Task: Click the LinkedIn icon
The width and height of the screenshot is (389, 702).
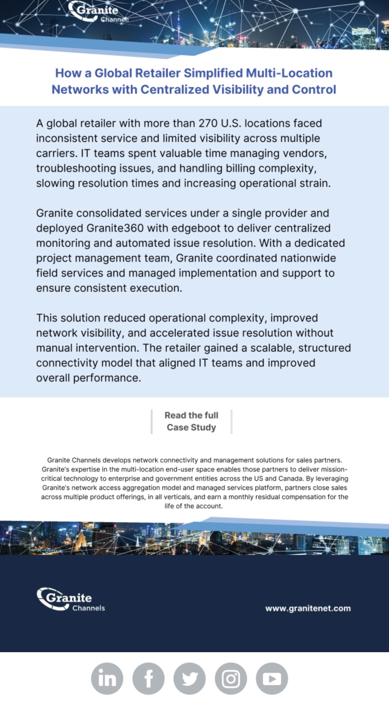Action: [x=107, y=678]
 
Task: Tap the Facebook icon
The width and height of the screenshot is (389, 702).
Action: [x=148, y=678]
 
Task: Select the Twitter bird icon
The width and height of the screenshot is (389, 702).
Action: [x=190, y=678]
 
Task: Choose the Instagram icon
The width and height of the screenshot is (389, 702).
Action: [x=231, y=678]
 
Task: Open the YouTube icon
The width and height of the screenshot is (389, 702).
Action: [x=272, y=678]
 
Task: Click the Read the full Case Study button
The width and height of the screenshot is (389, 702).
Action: [x=191, y=421]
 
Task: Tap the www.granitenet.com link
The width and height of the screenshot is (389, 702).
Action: [x=308, y=608]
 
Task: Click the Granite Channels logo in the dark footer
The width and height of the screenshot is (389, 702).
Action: [x=71, y=600]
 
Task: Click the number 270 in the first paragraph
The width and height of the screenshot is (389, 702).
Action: [x=208, y=123]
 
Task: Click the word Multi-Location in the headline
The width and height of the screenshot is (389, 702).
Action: [x=289, y=73]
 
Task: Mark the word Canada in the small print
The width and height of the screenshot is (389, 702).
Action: [x=290, y=479]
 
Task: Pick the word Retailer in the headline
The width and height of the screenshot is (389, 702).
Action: [x=158, y=73]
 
